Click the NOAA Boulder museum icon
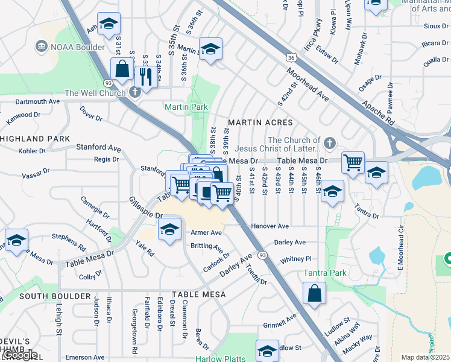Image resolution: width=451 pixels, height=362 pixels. click(42, 46)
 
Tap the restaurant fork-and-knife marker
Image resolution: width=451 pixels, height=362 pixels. click(145, 75)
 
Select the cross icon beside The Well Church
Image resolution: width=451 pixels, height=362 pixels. click(134, 92)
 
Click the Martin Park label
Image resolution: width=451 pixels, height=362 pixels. click(186, 107)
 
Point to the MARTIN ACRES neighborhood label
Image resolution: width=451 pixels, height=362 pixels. click(260, 122)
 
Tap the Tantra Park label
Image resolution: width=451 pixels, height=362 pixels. click(324, 273)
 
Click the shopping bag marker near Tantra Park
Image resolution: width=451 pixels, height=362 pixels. click(315, 294)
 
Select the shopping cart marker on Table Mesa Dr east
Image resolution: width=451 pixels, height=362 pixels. click(352, 162)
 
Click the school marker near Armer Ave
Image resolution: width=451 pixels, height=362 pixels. click(170, 229)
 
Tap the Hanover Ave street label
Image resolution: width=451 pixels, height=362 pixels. click(271, 226)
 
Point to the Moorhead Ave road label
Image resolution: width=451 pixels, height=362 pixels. click(307, 85)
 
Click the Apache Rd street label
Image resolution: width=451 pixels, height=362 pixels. click(378, 113)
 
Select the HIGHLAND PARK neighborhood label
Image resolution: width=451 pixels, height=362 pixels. click(35, 139)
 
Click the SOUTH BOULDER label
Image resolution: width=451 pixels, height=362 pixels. click(55, 296)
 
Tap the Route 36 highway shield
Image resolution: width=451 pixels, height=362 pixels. click(291, 58)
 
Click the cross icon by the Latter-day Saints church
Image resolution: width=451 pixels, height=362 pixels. click(329, 143)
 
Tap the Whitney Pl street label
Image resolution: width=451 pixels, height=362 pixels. click(295, 259)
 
